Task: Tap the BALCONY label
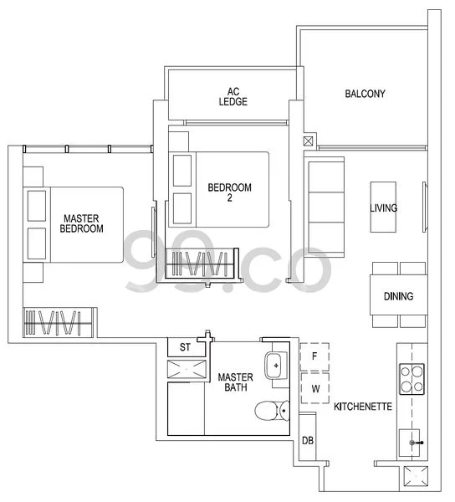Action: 365,94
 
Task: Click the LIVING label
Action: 384,208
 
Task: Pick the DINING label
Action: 398,296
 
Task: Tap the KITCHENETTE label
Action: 363,407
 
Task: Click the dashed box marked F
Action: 315,355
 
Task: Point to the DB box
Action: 307,441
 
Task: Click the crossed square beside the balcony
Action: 309,141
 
